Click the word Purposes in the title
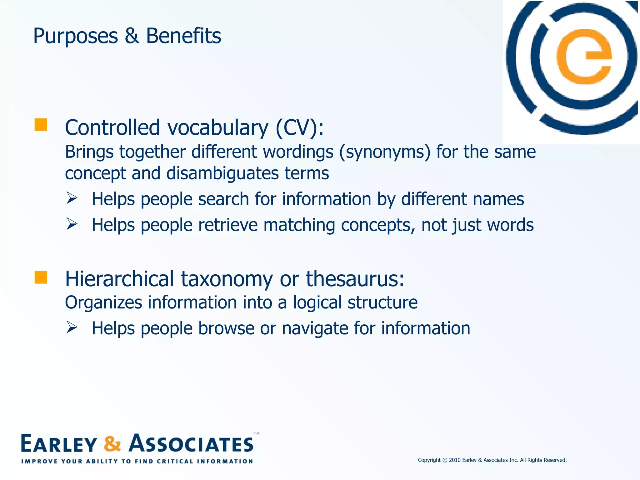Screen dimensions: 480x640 pos(75,36)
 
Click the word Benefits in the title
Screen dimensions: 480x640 pos(183,36)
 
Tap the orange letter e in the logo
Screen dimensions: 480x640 pos(584,57)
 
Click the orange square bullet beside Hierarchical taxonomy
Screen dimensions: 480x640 pos(41,277)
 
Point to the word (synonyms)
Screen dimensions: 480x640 pos(385,152)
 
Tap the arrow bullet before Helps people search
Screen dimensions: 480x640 pos(72,198)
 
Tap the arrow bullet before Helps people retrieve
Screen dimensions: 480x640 pos(72,224)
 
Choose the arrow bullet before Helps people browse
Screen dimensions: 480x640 pos(72,327)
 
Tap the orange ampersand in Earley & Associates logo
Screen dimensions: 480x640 pos(112,444)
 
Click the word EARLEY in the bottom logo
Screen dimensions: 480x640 pos(59,444)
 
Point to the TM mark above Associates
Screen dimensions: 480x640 pos(257,433)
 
